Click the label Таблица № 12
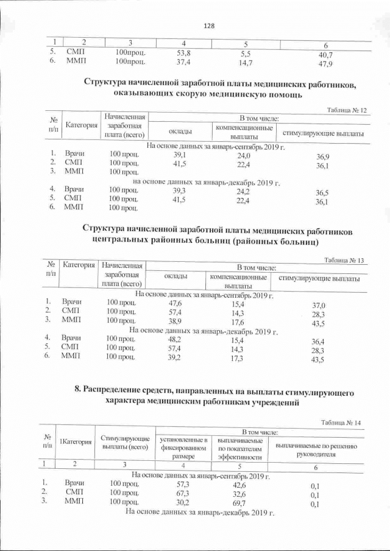[x=346, y=110]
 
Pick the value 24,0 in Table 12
[x=243, y=156]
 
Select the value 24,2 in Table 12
[x=243, y=191]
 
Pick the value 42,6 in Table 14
[x=239, y=484]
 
